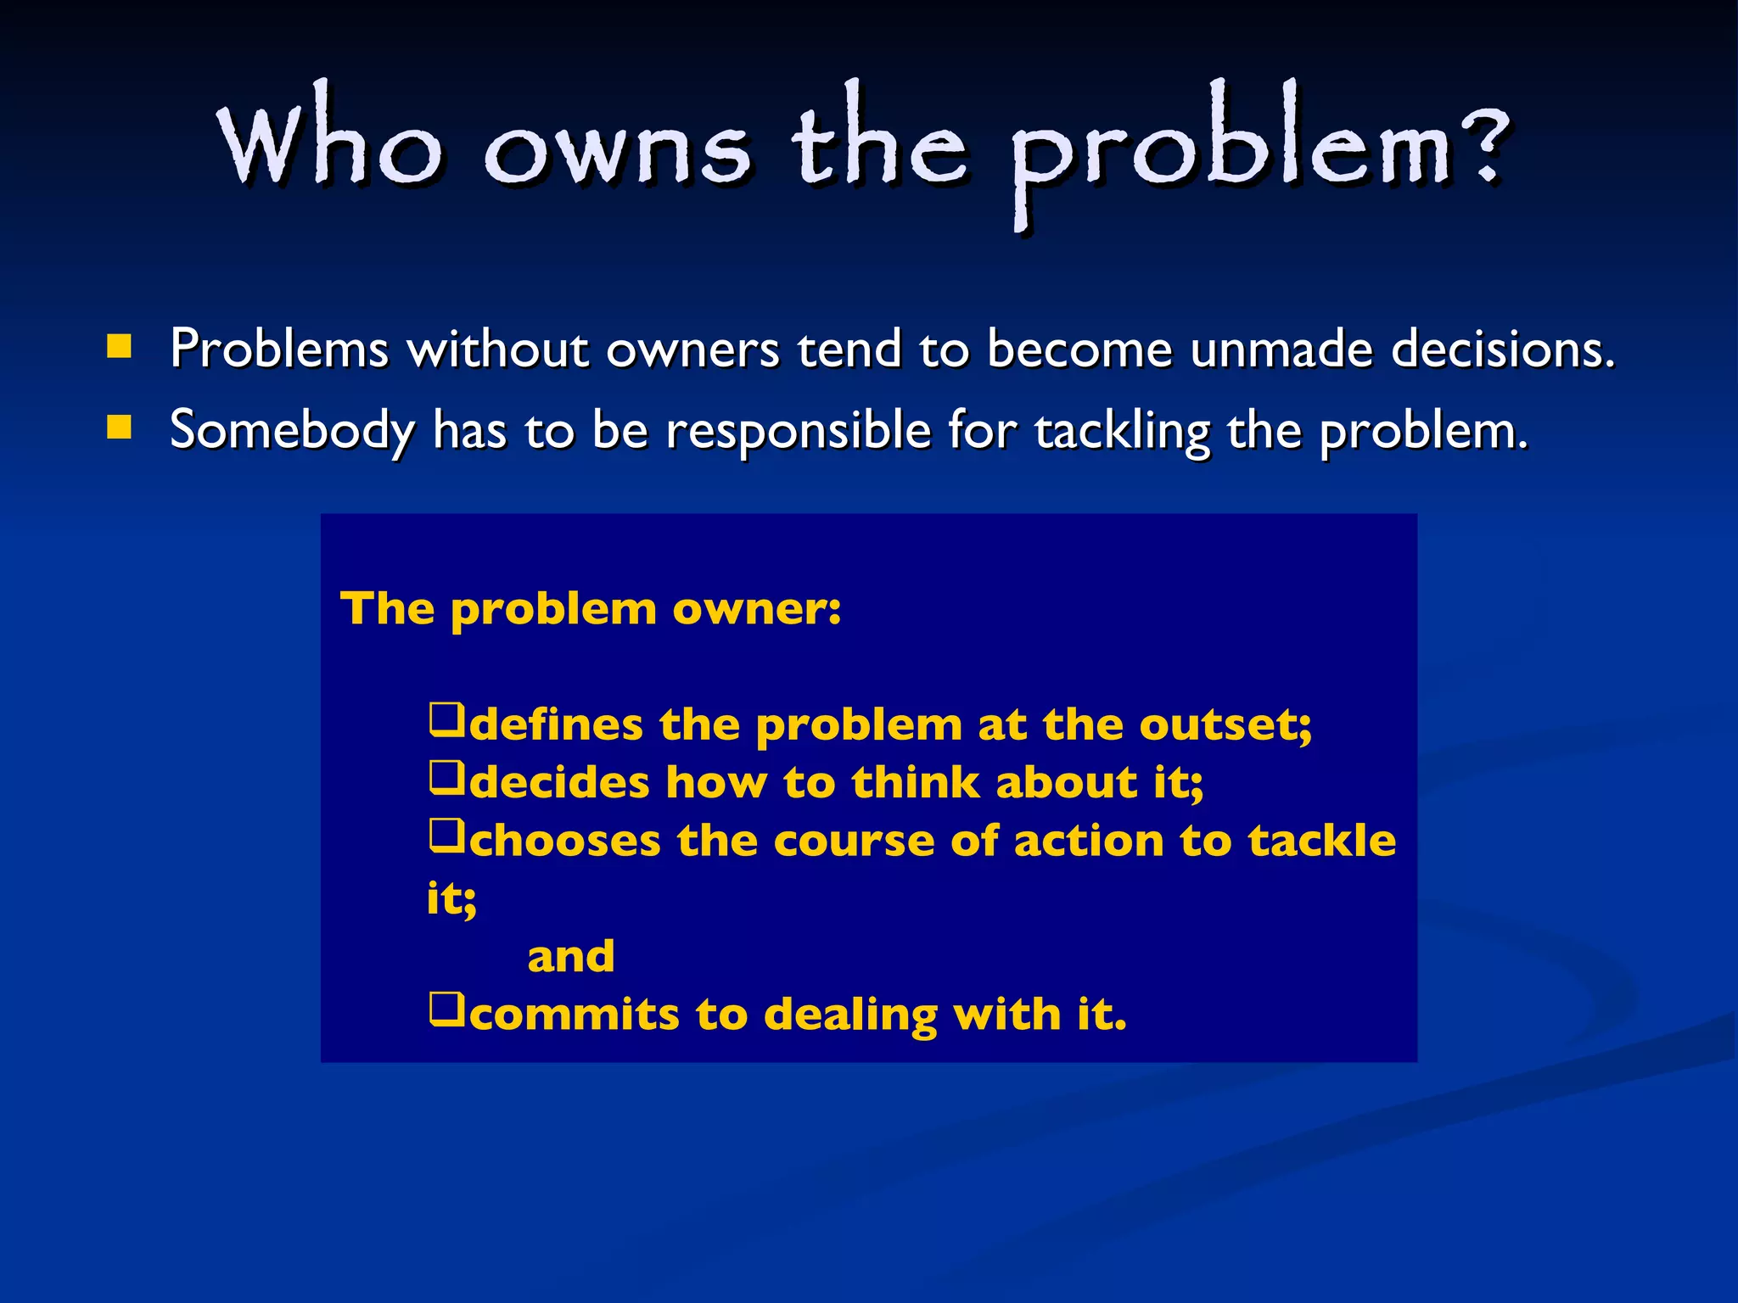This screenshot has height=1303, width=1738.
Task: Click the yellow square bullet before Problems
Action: click(119, 347)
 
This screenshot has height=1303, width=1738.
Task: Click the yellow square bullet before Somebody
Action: click(119, 428)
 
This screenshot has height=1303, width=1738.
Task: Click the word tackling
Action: click(1122, 431)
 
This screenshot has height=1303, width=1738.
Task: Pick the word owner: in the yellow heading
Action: click(756, 608)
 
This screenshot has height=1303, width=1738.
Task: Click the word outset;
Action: click(1225, 724)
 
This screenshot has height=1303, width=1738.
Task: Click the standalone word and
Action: click(570, 957)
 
